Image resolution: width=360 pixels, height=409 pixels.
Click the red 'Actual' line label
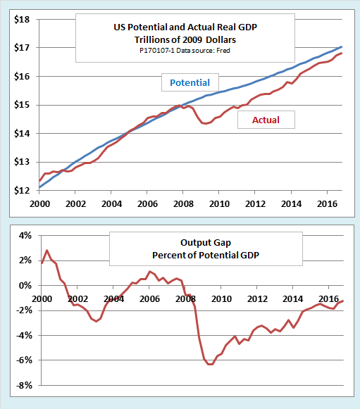265,120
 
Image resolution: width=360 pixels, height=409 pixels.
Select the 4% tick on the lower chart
25,236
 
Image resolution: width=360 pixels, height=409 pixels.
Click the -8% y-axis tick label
23,386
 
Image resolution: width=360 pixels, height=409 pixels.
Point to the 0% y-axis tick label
25,286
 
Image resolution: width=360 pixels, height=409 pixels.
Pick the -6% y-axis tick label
23,360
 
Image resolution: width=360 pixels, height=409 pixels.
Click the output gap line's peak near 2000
46,251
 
